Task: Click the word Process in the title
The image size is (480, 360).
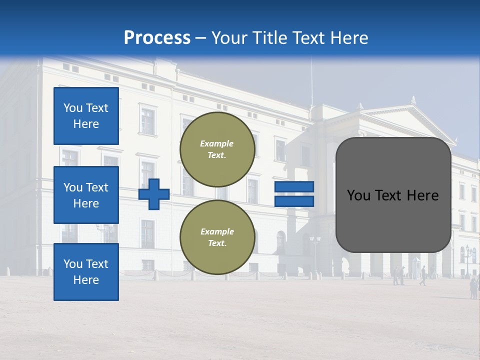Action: click(157, 38)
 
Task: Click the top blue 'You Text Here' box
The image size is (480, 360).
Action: click(86, 116)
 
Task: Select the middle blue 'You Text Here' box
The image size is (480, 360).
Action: click(86, 195)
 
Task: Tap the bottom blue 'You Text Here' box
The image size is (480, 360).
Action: click(86, 272)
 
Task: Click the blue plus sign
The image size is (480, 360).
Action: click(154, 194)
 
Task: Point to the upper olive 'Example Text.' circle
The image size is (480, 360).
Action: click(217, 149)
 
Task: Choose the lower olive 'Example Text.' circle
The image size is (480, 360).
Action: click(217, 237)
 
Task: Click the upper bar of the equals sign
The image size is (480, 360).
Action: click(294, 187)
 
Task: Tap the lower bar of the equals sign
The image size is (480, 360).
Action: click(294, 201)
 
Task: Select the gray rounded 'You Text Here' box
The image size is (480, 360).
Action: click(393, 195)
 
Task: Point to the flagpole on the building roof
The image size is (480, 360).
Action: click(311, 80)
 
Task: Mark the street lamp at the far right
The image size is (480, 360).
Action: click(468, 257)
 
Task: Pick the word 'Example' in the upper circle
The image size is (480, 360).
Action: click(217, 144)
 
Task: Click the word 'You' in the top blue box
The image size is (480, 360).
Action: click(73, 108)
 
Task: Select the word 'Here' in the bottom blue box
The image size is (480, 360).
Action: click(86, 280)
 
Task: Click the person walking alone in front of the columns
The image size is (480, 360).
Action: click(423, 275)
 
